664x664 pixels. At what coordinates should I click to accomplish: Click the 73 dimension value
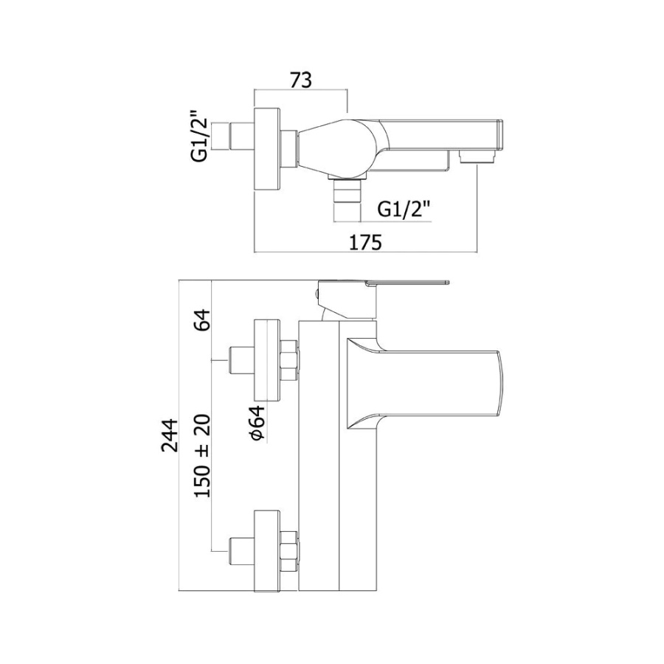coord(301,80)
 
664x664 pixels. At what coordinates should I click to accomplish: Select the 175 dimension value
coord(365,243)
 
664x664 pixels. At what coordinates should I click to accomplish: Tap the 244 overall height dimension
coord(170,435)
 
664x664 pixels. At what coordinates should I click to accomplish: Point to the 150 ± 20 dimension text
coord(202,456)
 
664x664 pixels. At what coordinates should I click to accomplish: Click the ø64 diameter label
coord(258,423)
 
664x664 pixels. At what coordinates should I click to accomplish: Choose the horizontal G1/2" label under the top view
coord(404,209)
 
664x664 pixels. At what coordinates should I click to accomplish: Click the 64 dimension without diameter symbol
coord(202,320)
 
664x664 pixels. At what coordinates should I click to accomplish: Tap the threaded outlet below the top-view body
coord(347,198)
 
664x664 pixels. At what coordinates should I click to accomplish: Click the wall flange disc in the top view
coord(267,148)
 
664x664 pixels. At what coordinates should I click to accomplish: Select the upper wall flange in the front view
coord(267,360)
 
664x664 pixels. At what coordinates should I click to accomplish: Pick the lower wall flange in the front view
coord(267,551)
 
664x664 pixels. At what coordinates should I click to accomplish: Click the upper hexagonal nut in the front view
coord(290,360)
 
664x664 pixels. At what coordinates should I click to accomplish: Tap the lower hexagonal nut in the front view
coord(290,551)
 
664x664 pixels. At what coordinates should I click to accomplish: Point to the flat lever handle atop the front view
coord(407,282)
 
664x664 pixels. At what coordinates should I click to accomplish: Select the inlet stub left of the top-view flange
coord(241,136)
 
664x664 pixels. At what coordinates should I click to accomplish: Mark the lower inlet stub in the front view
coord(241,551)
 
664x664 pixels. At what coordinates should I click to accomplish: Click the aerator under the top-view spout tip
coord(477,158)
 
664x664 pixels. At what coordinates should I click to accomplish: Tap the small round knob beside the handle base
coord(317,293)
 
